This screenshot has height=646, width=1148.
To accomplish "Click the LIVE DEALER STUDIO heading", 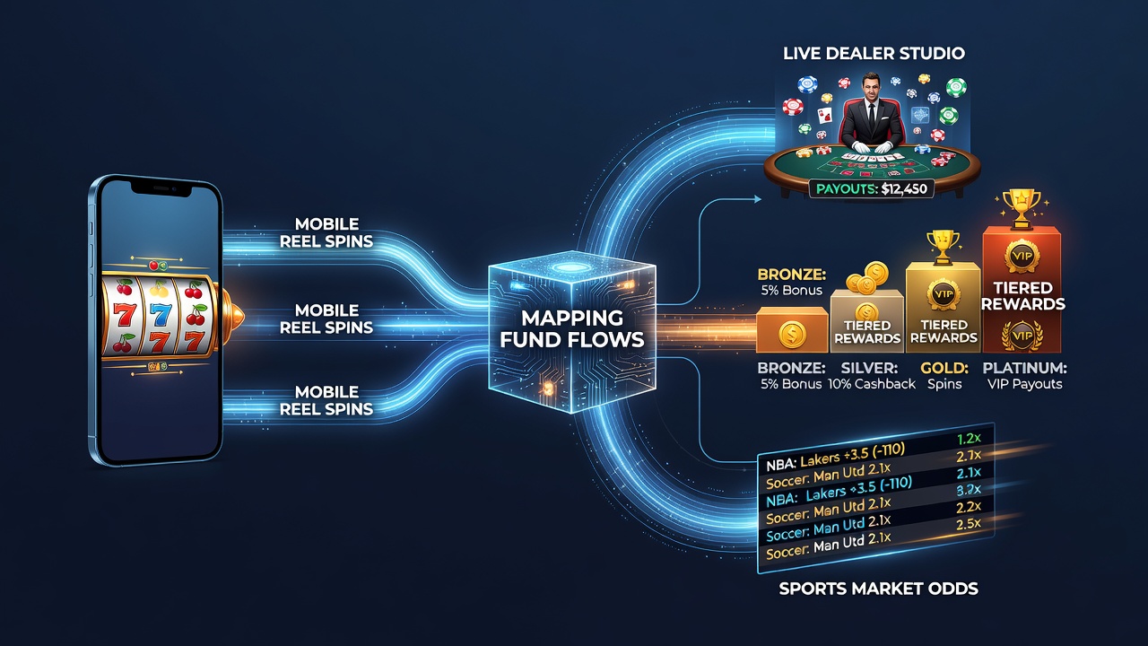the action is [x=874, y=53].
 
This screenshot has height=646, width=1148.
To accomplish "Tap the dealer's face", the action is [x=871, y=86].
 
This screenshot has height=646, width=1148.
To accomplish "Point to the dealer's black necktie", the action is [x=871, y=117].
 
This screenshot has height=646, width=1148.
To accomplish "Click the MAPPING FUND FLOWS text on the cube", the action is [x=572, y=328].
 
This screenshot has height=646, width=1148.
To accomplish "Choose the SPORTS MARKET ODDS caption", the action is [x=878, y=588].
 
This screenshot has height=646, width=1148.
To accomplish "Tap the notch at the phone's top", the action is [x=161, y=188].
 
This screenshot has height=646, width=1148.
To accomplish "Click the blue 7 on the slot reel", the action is [x=161, y=314].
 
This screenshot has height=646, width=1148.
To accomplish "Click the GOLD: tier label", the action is [x=944, y=368].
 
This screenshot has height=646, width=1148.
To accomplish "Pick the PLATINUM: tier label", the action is [x=1024, y=368].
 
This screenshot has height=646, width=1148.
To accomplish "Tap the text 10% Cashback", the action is [x=871, y=384].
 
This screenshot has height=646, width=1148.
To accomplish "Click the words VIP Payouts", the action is [x=1024, y=384].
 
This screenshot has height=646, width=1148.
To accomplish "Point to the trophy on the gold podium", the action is [x=943, y=247].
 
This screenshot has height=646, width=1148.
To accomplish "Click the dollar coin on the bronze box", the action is [x=792, y=335].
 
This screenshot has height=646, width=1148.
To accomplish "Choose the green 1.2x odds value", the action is [x=969, y=439].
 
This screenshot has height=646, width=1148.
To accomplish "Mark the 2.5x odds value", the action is [x=969, y=524].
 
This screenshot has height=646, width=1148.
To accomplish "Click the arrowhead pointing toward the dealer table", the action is [x=758, y=199].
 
